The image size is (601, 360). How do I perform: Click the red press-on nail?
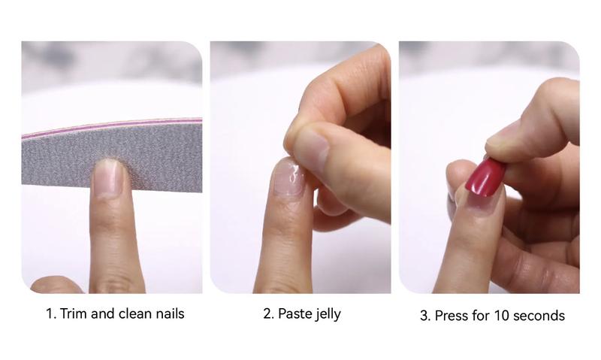click(x=485, y=178)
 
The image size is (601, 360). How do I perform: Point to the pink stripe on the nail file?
click(x=112, y=125)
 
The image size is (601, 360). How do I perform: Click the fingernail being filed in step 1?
click(x=109, y=178)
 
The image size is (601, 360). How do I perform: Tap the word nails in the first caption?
click(x=170, y=313)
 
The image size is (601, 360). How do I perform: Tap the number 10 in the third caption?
click(x=501, y=316)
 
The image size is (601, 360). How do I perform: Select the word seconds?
click(x=539, y=316)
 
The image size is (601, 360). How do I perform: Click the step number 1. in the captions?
click(x=51, y=313)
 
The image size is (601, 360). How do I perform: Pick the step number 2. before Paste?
click(x=269, y=313)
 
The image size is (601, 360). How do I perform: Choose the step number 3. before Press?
click(x=425, y=316)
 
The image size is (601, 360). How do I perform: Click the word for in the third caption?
click(x=481, y=316)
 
